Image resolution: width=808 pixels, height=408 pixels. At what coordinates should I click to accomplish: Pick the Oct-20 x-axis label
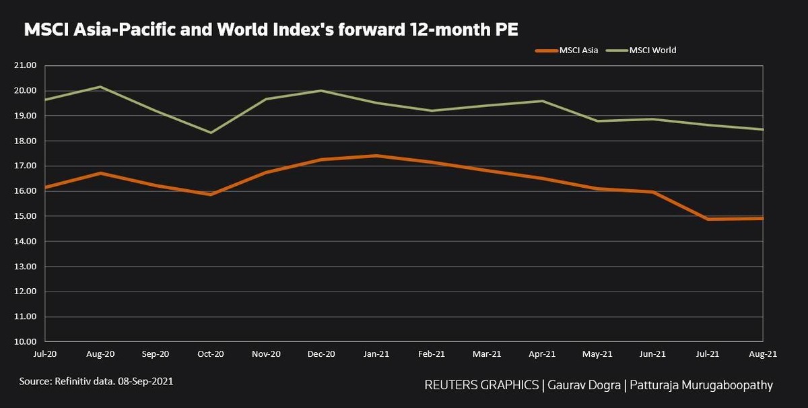[x=211, y=354]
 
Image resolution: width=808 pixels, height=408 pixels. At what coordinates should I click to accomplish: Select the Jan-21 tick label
[x=376, y=354]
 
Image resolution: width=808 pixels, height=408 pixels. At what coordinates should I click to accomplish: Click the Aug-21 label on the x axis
[x=763, y=354]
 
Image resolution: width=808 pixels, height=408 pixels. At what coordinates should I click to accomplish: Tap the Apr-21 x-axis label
[x=542, y=354]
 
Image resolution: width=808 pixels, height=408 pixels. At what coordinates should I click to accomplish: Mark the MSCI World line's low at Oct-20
[x=211, y=133]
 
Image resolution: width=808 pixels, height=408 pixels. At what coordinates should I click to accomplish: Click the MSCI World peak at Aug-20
[x=100, y=87]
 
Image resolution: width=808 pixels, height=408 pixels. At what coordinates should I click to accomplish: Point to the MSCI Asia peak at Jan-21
[x=376, y=156]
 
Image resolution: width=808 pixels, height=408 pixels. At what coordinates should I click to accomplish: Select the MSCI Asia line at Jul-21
[x=708, y=219]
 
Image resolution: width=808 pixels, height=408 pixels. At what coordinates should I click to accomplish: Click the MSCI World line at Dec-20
[x=321, y=90]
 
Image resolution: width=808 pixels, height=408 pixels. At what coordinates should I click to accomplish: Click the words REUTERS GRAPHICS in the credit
[x=481, y=386]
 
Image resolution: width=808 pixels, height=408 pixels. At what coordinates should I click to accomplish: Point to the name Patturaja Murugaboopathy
[x=696, y=386]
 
